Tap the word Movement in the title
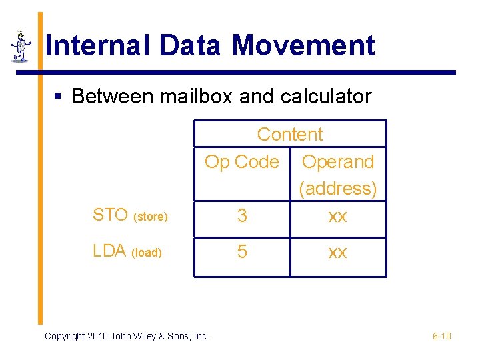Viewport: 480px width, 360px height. [303, 46]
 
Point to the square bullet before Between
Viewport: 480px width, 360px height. [58, 97]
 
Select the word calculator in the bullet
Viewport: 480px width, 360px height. [326, 97]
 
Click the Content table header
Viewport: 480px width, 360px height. [289, 134]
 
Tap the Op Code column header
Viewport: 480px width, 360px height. [241, 161]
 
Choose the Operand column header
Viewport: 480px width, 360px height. [338, 161]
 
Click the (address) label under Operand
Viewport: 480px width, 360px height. [338, 189]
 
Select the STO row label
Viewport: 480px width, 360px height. [110, 215]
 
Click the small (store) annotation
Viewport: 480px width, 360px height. [151, 217]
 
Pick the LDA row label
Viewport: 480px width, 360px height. [109, 251]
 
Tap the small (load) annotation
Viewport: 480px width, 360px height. [147, 253]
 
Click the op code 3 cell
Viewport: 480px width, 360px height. [242, 216]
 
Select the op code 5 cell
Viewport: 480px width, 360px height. [242, 252]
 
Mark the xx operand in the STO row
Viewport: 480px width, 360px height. [338, 216]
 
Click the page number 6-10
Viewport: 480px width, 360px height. [441, 336]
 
